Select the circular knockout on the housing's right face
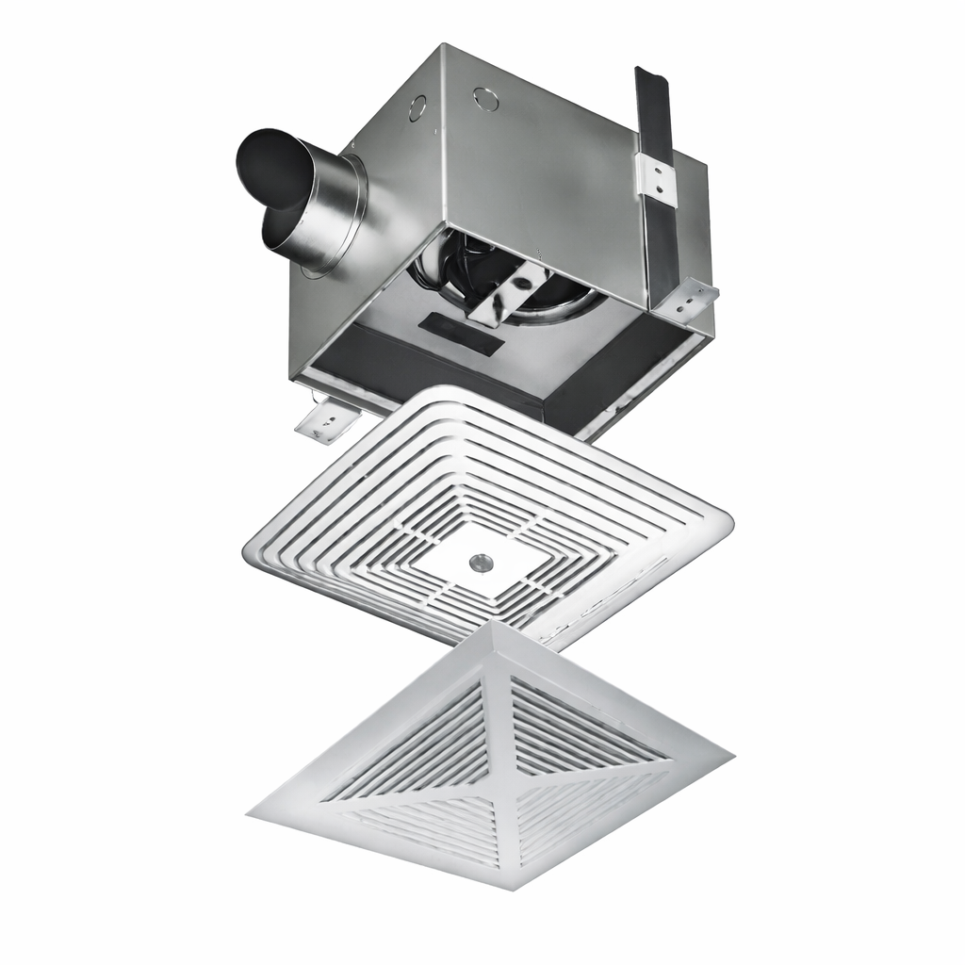pos(486,98)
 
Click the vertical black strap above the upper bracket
pos(653,113)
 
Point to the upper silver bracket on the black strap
pos(657,177)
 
